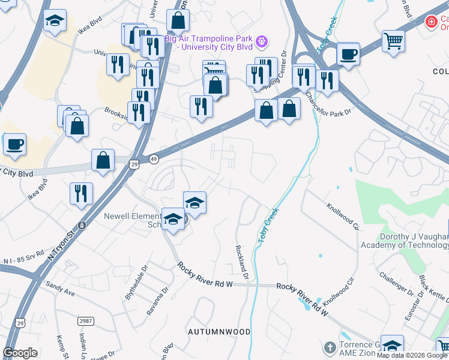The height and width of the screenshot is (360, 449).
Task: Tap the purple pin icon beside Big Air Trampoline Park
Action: click(x=261, y=41)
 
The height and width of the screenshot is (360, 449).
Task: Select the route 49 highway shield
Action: click(x=154, y=158)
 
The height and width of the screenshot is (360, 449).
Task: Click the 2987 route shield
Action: click(x=85, y=322)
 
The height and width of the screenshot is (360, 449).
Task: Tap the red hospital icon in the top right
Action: click(x=430, y=23)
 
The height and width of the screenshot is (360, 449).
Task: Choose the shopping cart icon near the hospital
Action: click(x=393, y=40)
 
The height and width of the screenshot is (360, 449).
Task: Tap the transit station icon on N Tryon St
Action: click(x=82, y=225)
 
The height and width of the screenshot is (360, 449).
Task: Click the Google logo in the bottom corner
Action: click(x=20, y=353)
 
